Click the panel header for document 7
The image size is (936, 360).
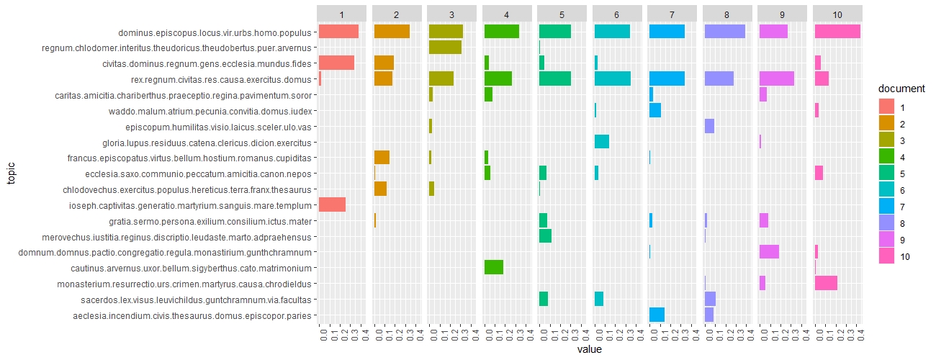(x=671, y=14)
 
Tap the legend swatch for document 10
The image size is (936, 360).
(x=886, y=256)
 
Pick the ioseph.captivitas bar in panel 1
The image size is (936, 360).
(x=332, y=204)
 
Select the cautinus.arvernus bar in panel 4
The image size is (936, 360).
(x=494, y=267)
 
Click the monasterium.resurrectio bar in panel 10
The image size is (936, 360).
(x=826, y=283)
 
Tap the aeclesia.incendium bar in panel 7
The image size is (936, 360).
(x=657, y=315)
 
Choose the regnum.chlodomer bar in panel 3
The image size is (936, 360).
(x=445, y=48)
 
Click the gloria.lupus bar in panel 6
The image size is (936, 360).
(x=602, y=142)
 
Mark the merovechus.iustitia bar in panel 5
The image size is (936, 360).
(x=545, y=235)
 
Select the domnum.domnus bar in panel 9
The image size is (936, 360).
(x=769, y=251)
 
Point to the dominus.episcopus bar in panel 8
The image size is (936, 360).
(x=724, y=32)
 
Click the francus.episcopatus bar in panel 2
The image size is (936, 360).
(x=382, y=157)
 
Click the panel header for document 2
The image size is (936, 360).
(x=396, y=14)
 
